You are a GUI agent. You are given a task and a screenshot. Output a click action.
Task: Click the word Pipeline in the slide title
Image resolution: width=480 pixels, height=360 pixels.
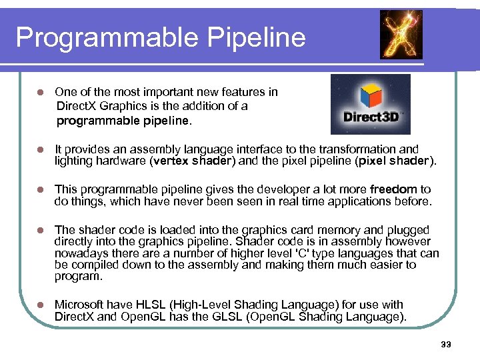(259, 37)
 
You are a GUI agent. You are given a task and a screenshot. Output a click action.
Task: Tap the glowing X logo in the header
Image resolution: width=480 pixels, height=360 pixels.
(401, 35)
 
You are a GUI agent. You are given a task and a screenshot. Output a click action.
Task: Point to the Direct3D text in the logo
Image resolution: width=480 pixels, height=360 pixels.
(371, 117)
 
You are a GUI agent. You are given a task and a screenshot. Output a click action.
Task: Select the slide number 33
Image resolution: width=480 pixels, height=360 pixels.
(446, 344)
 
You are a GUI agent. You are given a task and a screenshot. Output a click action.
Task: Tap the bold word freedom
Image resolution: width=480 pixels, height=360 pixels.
(393, 190)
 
